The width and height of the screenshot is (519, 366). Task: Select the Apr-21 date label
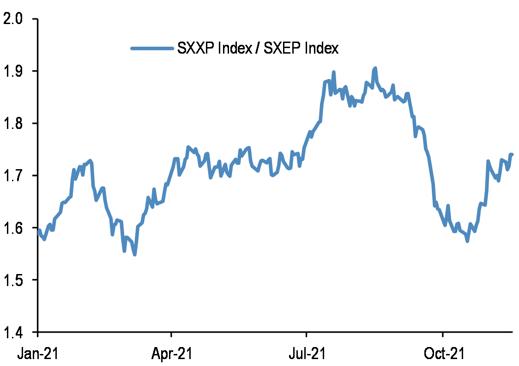point(171,354)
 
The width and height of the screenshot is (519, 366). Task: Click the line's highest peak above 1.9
point(375,68)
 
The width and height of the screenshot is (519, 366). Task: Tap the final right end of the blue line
point(512,154)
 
